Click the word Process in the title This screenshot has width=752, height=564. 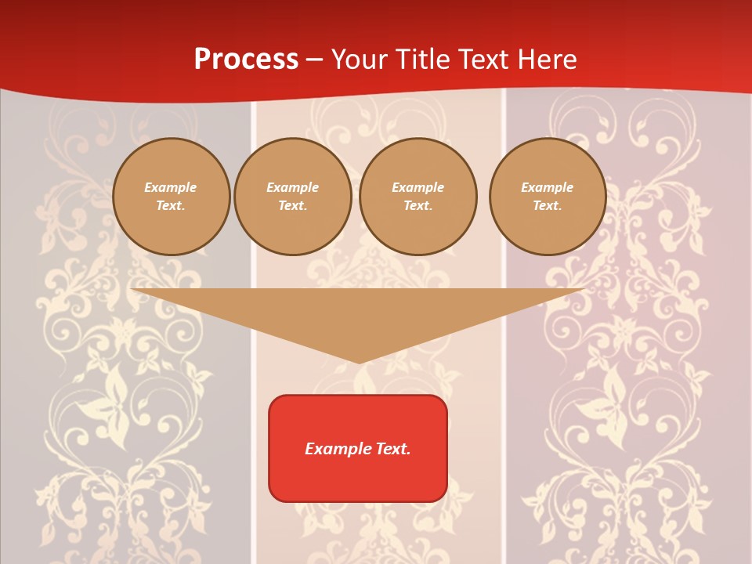coord(246,60)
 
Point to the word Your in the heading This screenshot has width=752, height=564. coord(357,60)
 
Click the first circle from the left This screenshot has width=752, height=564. coord(171,197)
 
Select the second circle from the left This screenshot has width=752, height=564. coord(292,197)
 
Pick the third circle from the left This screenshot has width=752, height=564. coord(418,197)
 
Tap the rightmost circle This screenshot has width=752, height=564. coord(547,197)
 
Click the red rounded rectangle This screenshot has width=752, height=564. coord(358,448)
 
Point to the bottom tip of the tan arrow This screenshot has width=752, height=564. coord(359,362)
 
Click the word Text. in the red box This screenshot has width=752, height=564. coord(392,449)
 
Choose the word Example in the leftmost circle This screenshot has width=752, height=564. coord(171,187)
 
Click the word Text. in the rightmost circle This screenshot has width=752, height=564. coord(547,206)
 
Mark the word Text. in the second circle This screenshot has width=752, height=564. coord(292,206)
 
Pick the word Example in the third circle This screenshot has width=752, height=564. coord(418,187)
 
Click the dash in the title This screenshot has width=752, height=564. coord(314,60)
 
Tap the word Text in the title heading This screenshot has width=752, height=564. coord(484,60)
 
